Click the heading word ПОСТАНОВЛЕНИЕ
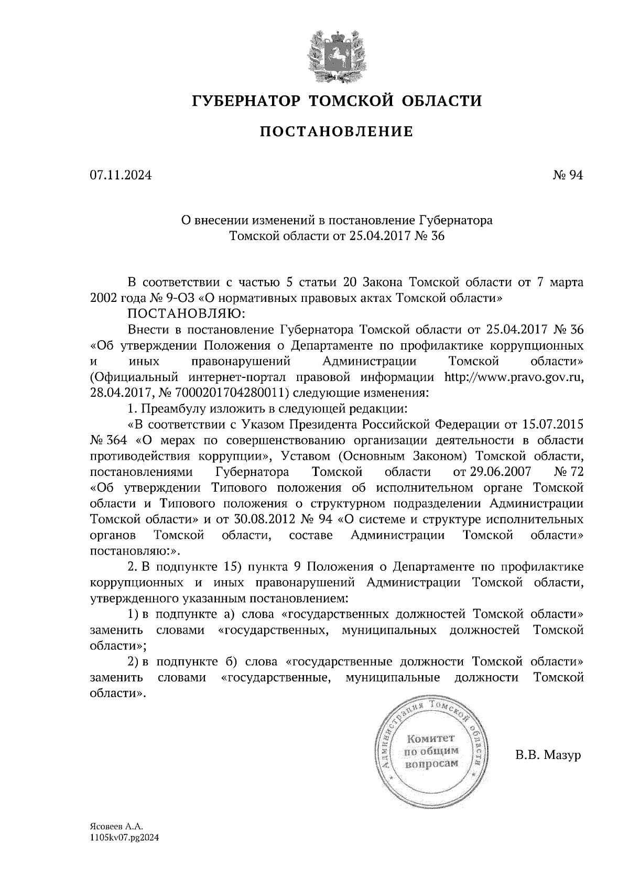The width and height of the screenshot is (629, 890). coord(336,132)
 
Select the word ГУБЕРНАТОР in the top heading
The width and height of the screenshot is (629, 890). coord(246,100)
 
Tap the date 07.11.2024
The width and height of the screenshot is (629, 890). coord(121,176)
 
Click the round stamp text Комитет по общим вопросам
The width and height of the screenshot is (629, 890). coord(432,751)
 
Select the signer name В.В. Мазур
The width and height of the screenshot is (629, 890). coord(548,755)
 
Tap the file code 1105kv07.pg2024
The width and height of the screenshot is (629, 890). coord(124,837)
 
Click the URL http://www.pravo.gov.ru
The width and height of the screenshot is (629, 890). coord(513,377)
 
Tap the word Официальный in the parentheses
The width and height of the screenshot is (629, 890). coord(134,377)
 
